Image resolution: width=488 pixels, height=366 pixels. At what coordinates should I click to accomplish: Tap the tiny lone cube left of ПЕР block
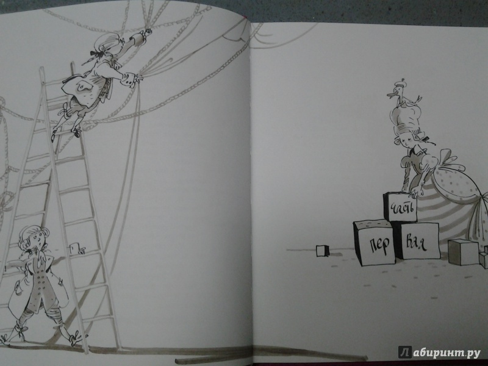[x=321, y=250]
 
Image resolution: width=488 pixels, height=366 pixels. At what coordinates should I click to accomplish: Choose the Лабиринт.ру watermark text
[x=439, y=352]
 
